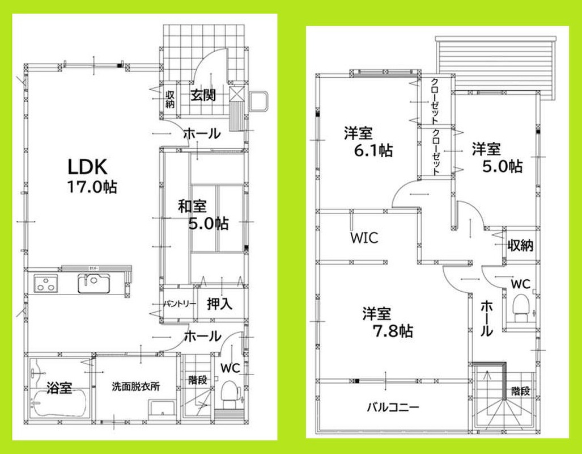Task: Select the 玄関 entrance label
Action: coord(203,95)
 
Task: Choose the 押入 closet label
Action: coord(219,304)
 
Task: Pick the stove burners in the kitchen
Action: coord(45,284)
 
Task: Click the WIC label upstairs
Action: coord(363,237)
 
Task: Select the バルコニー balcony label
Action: coord(392,407)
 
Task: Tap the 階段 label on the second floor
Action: coord(519,391)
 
